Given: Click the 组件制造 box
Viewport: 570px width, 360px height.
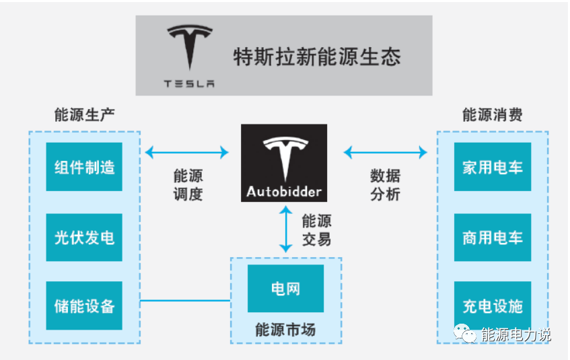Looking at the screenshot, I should pos(84,167).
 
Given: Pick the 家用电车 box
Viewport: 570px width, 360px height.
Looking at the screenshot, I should pos(492,167).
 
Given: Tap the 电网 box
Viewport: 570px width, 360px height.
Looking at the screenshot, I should pos(285,288).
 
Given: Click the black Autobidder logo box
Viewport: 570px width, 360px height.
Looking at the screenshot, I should pos(284,163).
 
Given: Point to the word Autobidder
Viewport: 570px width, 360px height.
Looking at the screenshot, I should pos(284,191).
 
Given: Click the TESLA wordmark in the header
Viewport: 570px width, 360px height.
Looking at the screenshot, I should pos(189,84).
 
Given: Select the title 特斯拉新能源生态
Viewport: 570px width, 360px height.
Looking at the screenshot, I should pos(316,56).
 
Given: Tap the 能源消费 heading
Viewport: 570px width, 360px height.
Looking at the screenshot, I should pos(492,114).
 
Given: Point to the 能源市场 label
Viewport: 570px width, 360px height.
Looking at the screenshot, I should pos(285,330).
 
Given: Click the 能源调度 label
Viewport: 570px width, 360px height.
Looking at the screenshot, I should pos(188,185).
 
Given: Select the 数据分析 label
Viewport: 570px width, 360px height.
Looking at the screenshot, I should pos(385,185).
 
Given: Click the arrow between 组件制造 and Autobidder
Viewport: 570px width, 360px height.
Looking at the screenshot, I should pos(187,153).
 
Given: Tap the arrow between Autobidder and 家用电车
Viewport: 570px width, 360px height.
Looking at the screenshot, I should pos(385,153).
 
